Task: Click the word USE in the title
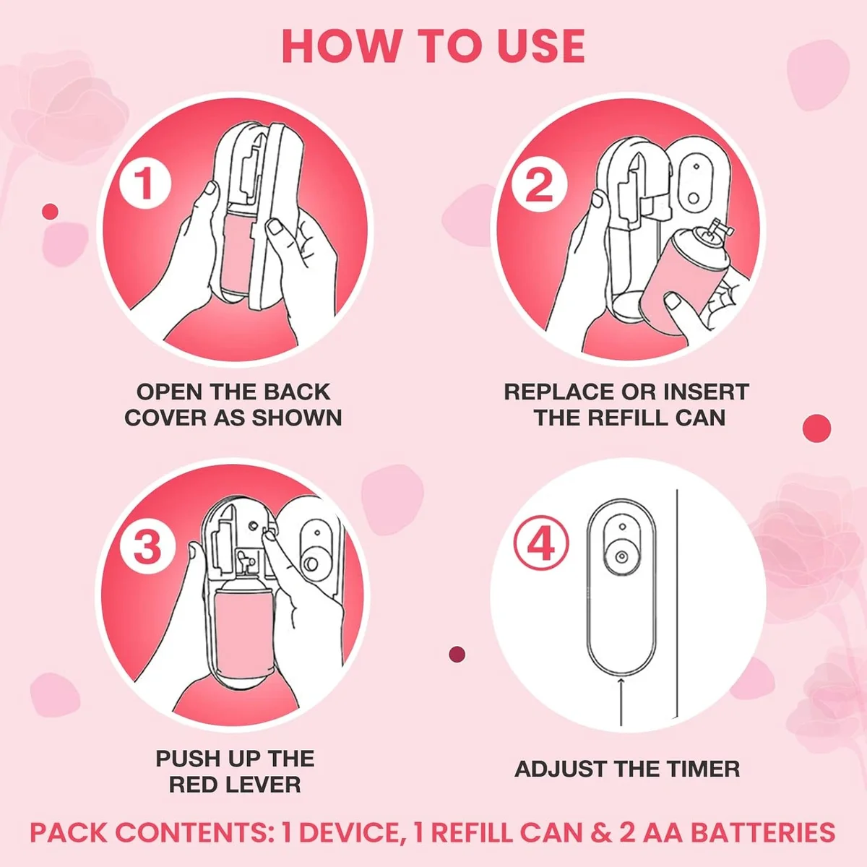(x=541, y=46)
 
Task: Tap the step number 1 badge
(x=145, y=184)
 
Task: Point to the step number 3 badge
(x=147, y=546)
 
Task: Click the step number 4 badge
(x=541, y=543)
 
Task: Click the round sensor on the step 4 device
(x=621, y=557)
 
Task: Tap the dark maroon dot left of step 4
(x=457, y=655)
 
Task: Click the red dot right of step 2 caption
(x=816, y=428)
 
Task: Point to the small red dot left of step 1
(x=50, y=211)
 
